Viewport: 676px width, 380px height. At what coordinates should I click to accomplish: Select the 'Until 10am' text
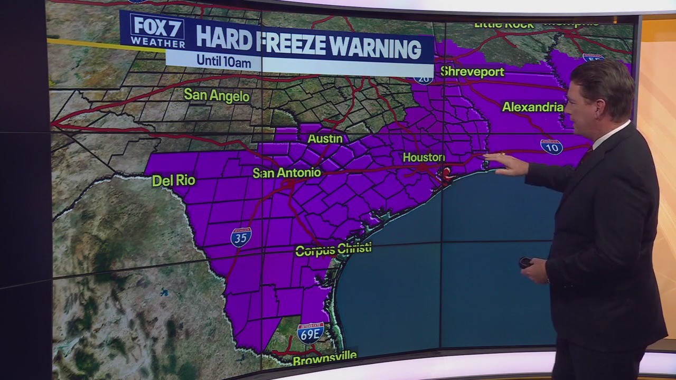[223, 61]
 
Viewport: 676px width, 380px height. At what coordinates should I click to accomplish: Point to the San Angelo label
[217, 96]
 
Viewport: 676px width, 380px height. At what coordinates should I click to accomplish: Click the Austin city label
[325, 139]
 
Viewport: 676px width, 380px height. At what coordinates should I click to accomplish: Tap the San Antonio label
[287, 173]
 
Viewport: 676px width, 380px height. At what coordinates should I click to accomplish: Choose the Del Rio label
[174, 180]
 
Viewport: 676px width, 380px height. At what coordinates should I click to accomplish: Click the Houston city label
[424, 157]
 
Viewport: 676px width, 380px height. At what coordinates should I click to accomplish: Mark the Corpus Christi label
[333, 249]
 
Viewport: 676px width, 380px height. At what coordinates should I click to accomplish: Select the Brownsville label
[325, 359]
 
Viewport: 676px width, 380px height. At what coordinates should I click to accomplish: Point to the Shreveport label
[472, 72]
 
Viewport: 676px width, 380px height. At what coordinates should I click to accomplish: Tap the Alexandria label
[532, 107]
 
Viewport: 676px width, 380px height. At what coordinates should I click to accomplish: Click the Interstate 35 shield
[241, 237]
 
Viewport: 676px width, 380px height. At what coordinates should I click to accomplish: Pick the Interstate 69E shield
[311, 334]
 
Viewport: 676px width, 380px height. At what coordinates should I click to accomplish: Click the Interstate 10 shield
[551, 147]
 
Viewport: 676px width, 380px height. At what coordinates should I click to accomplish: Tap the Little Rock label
[504, 25]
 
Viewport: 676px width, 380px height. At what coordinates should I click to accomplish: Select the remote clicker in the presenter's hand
[525, 262]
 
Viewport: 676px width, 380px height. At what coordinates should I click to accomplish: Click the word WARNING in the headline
[376, 48]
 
